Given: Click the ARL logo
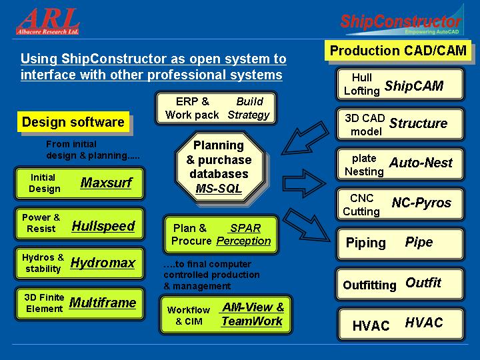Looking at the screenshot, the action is [x=48, y=21].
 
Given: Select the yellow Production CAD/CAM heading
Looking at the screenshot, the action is [x=398, y=51].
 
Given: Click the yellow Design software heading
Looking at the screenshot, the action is [x=73, y=122].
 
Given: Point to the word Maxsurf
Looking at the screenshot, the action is [x=106, y=183].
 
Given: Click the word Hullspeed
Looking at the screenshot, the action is [x=103, y=226].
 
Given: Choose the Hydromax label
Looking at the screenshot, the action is [x=103, y=263].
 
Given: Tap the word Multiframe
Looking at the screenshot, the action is [x=103, y=303].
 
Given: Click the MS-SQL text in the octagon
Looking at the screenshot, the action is [x=219, y=188].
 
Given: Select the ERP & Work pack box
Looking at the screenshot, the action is [x=216, y=108].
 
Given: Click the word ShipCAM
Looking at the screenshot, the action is [x=414, y=86].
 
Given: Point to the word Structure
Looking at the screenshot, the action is [x=418, y=123].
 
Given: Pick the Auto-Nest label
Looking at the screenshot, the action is [x=421, y=163].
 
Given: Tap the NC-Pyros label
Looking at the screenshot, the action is [x=421, y=203].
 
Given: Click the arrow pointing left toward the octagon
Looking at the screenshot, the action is [x=305, y=138].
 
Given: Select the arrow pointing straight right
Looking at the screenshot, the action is [x=304, y=183].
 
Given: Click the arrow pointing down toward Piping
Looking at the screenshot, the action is [x=306, y=225].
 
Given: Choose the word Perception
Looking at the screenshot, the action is [x=244, y=241].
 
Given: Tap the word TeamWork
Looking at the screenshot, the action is [x=252, y=321].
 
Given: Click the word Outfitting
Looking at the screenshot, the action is [x=369, y=285].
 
